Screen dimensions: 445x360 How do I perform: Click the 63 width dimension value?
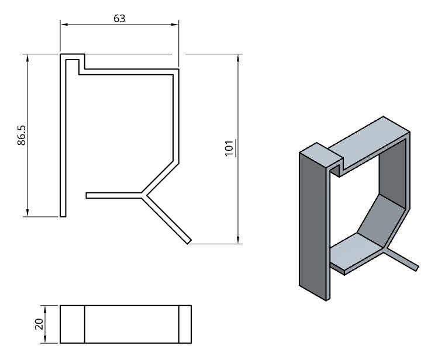pos(119,19)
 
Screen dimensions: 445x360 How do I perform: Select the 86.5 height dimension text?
pos(22,136)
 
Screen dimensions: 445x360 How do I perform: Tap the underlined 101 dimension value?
pos(229,148)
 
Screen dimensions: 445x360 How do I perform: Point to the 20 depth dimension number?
pos(39,324)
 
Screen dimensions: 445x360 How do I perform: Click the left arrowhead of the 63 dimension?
pos(64,25)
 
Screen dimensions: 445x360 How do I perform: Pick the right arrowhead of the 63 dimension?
pos(174,25)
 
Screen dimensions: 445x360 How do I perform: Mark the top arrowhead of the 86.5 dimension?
pos(27,58)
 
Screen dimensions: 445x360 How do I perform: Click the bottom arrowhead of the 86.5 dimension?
pos(27,213)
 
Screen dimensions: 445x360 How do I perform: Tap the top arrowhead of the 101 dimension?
pos(238,58)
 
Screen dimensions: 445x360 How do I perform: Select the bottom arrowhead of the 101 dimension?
pos(238,240)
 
